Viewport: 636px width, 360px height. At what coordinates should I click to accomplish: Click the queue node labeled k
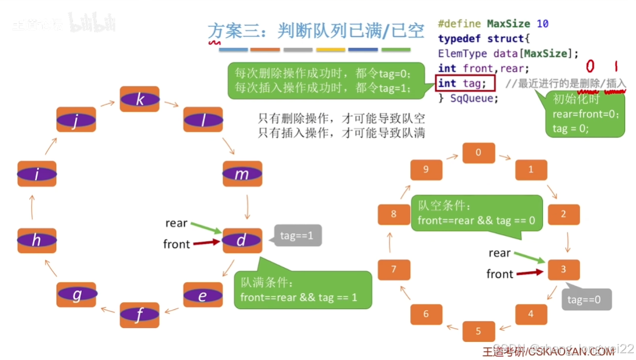click(140, 100)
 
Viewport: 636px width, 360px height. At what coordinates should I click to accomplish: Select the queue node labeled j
click(76, 120)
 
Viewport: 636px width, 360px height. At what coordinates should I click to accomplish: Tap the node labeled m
click(242, 174)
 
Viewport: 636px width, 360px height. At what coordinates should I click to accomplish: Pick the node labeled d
click(242, 240)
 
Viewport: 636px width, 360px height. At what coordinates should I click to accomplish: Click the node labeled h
click(37, 240)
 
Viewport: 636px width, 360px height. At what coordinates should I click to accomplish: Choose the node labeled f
click(140, 315)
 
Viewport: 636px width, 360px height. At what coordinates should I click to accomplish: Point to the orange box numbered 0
click(479, 152)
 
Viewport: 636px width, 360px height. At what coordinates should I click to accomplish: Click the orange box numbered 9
click(426, 169)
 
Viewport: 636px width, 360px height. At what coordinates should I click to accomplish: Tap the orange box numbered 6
click(426, 314)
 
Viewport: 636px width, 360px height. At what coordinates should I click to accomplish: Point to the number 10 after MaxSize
click(543, 24)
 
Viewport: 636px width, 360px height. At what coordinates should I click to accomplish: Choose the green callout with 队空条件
click(476, 213)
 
